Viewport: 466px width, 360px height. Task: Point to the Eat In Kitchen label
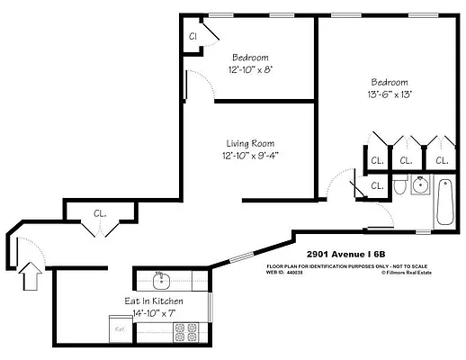click(x=154, y=301)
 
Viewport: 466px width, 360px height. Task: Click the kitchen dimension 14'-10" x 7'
click(x=154, y=312)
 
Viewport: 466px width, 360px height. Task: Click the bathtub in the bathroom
click(x=445, y=204)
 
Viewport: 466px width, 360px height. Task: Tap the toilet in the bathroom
click(x=399, y=188)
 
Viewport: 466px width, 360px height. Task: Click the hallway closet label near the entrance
click(x=101, y=214)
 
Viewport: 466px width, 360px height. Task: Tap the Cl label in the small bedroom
click(x=193, y=36)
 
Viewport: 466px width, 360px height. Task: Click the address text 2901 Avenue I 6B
click(x=346, y=255)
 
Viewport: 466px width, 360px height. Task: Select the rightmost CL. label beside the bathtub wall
click(x=441, y=160)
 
